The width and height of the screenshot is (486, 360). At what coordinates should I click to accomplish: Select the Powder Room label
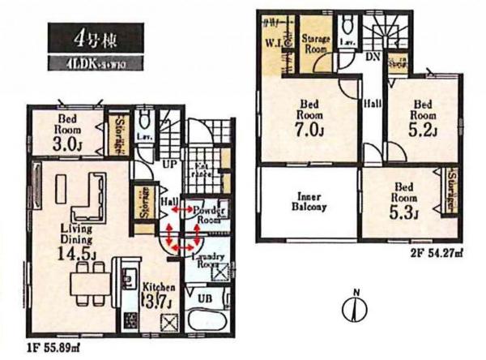tap(210, 215)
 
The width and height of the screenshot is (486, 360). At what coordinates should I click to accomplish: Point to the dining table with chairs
tap(83, 285)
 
